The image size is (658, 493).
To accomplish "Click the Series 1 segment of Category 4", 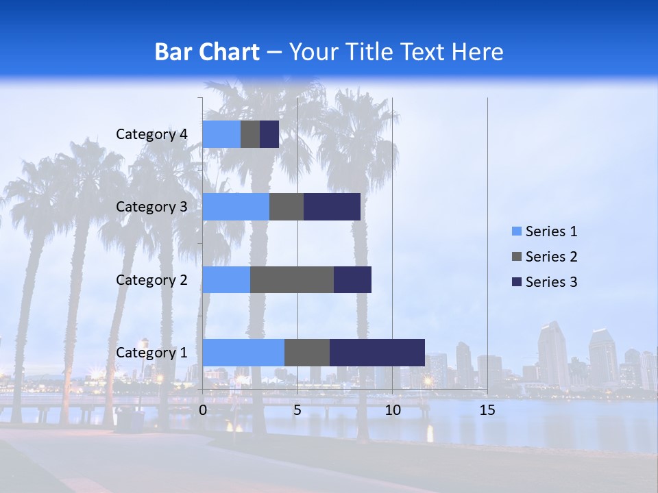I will (221, 134).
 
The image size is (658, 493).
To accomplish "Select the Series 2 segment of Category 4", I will (250, 134).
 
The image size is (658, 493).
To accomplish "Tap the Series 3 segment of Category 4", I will (269, 134).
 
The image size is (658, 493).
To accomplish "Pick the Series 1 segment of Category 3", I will (236, 207).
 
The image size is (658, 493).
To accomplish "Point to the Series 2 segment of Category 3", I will (287, 207).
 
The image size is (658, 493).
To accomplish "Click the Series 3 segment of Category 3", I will (332, 207).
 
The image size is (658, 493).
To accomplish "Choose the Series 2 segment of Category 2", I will (292, 279).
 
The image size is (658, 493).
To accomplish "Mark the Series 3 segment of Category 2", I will (352, 279).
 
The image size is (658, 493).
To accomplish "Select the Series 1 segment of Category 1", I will (243, 352).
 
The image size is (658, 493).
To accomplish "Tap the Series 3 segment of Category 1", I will (377, 352).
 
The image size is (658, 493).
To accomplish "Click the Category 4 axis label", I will (151, 134).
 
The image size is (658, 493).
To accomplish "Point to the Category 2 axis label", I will (151, 279).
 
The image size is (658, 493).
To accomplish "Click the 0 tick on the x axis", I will (203, 410).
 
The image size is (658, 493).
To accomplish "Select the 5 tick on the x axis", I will (297, 410).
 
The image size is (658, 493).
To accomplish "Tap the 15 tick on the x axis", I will (487, 410).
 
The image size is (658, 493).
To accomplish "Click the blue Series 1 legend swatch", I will (517, 231).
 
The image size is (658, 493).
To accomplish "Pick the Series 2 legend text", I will (551, 257).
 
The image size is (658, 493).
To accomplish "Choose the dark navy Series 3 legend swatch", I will (517, 282).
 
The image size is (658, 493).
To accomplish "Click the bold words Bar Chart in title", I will (207, 52).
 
